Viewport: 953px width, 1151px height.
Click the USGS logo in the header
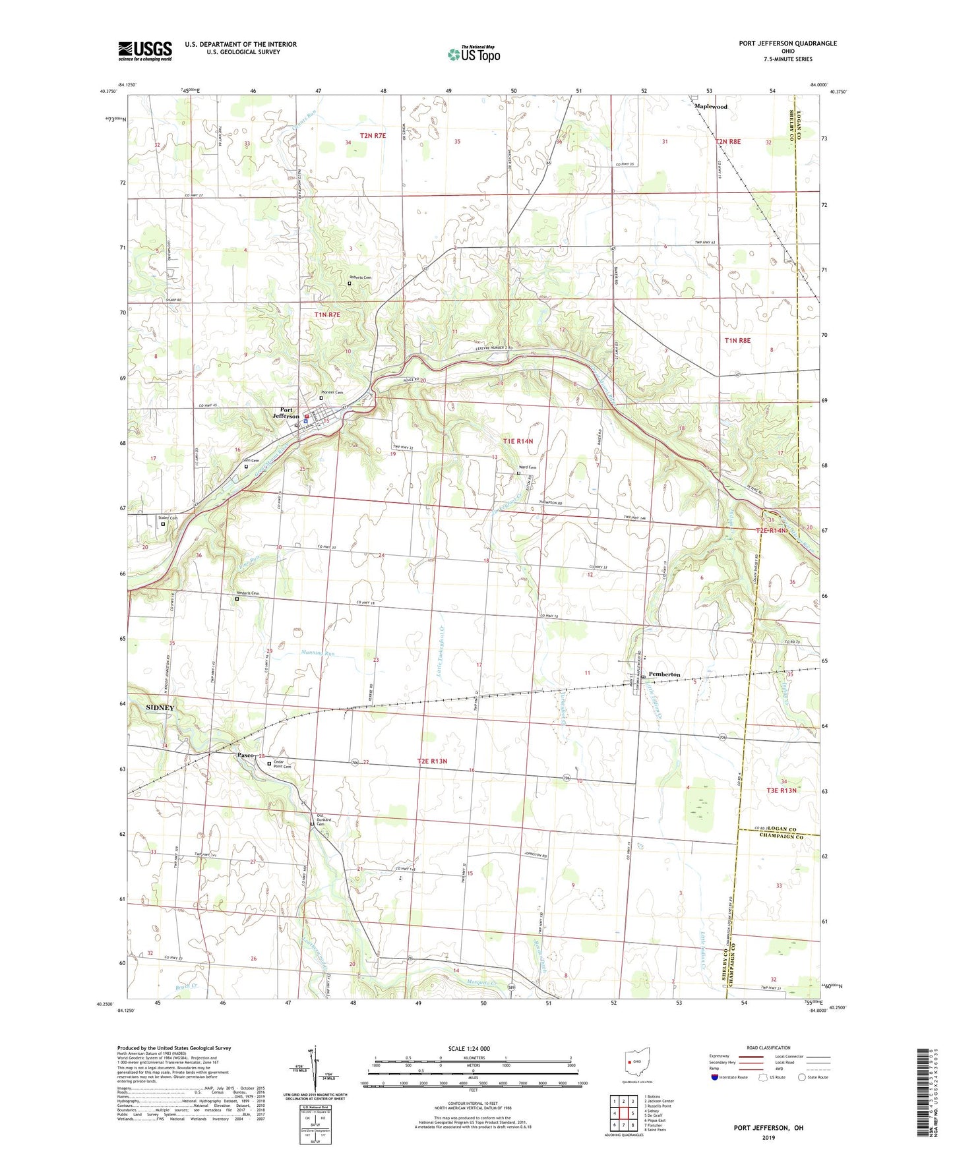pos(144,51)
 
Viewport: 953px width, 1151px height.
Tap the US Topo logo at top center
pos(474,54)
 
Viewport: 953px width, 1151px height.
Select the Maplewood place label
pos(710,106)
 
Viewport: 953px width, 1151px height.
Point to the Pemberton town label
pos(664,674)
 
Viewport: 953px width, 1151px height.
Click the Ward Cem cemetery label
pos(527,467)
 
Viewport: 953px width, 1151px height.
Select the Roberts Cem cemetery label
pos(360,278)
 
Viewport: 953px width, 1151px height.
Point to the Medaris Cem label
pos(247,593)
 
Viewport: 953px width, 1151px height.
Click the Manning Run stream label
pos(319,653)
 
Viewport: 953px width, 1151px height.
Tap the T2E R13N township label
pos(432,761)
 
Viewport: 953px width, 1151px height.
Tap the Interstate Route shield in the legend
pos(715,1077)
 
